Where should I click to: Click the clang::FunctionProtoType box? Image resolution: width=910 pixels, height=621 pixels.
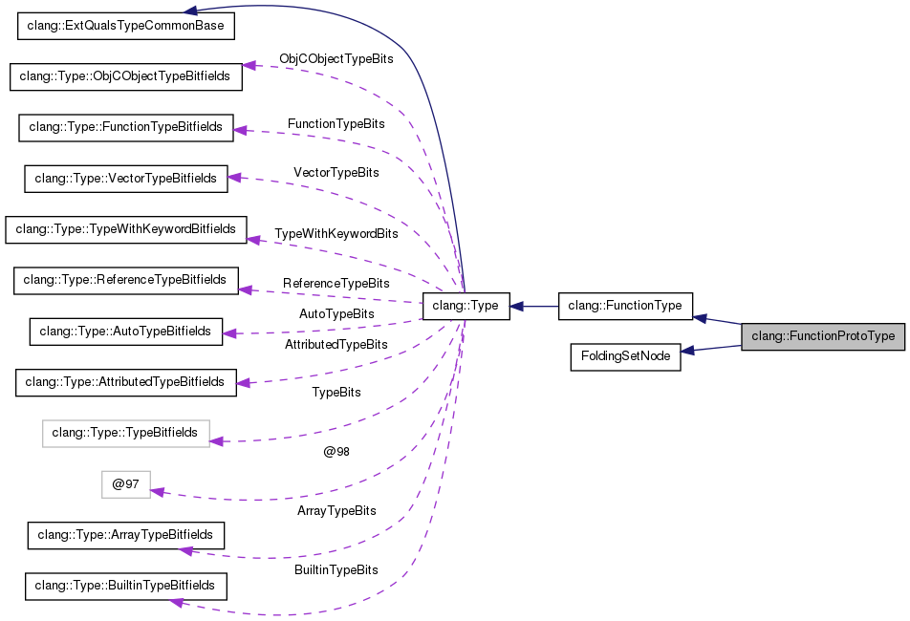coord(823,336)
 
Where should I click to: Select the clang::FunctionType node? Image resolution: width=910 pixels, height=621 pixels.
coord(624,306)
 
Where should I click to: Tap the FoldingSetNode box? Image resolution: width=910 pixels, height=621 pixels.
coord(625,357)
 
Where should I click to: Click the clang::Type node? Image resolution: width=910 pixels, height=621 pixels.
coord(466,306)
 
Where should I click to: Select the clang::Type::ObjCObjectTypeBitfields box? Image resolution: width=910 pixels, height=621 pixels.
coord(125,76)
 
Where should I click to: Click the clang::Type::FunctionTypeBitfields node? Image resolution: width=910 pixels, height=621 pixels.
coord(126,127)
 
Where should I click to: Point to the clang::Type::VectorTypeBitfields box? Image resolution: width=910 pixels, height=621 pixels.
coord(126,178)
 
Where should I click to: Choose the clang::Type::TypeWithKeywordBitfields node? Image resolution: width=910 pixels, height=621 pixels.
coord(126,229)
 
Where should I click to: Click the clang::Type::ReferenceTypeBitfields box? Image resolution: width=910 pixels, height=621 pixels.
coord(125,280)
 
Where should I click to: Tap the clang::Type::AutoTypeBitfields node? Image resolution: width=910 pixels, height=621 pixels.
coord(126,332)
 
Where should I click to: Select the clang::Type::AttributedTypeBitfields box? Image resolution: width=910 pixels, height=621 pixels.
coord(125,382)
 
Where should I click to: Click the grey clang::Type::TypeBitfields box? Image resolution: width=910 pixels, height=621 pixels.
coord(125,433)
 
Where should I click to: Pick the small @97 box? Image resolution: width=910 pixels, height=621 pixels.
coord(126,484)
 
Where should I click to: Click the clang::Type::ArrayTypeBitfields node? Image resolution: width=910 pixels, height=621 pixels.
coord(126,535)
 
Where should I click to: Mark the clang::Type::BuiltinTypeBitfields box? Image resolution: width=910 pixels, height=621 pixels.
coord(126,586)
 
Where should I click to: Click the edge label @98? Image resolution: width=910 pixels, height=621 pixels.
coord(336,452)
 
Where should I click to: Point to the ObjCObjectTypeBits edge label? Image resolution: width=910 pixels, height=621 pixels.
coord(336,59)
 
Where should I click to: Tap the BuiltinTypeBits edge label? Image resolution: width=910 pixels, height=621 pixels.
coord(336,570)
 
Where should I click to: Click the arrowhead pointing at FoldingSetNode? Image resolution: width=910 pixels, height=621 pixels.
coord(687,353)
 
